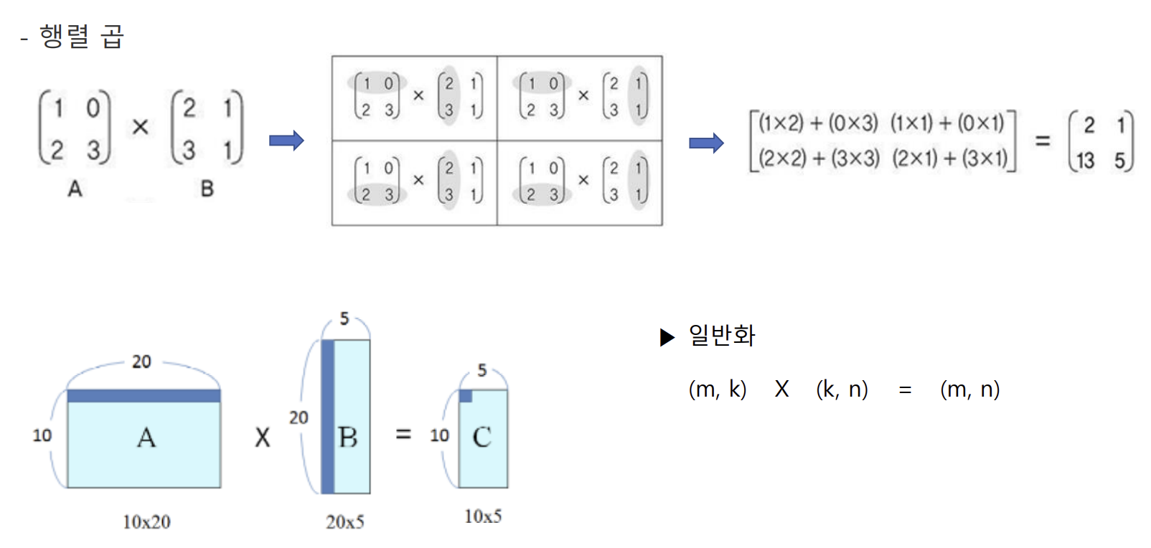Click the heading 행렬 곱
click(x=82, y=36)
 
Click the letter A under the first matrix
click(x=75, y=189)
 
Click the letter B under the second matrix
click(x=207, y=189)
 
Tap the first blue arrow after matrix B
click(x=286, y=140)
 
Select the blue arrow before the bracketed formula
click(x=706, y=143)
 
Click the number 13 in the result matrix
click(x=1085, y=161)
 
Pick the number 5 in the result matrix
click(x=1119, y=161)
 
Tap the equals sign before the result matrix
click(x=1043, y=141)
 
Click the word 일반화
click(x=722, y=336)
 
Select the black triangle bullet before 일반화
click(x=667, y=336)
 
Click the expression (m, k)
click(x=718, y=389)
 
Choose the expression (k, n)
click(x=842, y=389)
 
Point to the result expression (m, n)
click(x=969, y=389)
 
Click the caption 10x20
click(x=146, y=521)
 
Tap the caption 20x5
click(x=345, y=521)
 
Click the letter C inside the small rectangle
click(x=482, y=437)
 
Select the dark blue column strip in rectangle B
click(x=328, y=417)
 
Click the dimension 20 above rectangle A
click(x=141, y=362)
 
